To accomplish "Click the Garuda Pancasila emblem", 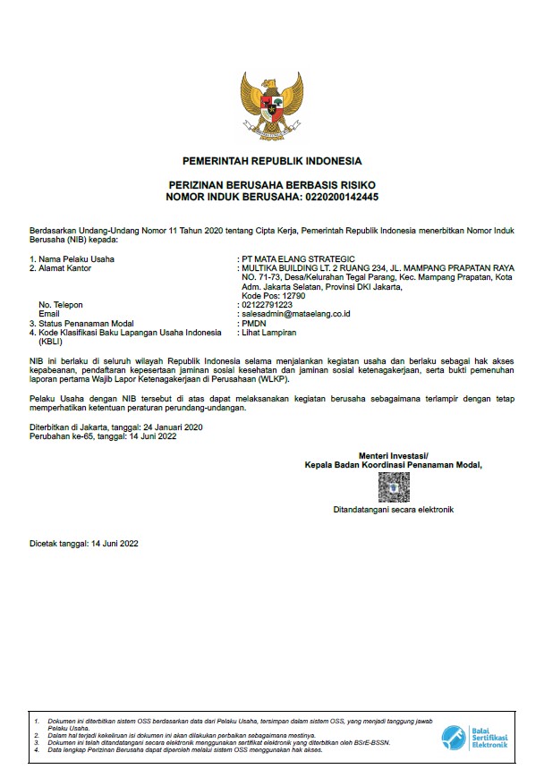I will click(x=272, y=106).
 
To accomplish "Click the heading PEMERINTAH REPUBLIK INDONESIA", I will click(x=272, y=162).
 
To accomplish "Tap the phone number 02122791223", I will click(x=267, y=305).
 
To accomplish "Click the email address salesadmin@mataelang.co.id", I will click(x=294, y=314).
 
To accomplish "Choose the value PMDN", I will click(x=254, y=323).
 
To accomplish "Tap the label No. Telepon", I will click(x=61, y=305).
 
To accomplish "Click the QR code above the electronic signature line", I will click(x=393, y=487).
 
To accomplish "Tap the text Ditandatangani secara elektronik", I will click(x=394, y=510).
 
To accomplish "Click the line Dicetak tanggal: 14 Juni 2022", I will click(x=84, y=544).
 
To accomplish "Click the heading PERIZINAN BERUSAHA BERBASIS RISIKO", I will click(x=272, y=184).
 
